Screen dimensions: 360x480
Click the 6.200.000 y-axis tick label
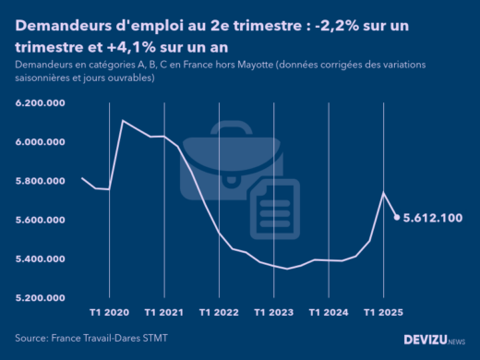[x=39, y=103]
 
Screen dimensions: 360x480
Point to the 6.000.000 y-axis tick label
[x=39, y=142]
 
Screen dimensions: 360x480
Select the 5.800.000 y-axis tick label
[x=39, y=181]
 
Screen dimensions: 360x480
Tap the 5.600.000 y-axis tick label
[x=39, y=220]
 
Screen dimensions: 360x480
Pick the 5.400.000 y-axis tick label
[x=39, y=258]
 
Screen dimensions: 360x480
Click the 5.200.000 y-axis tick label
[x=39, y=298]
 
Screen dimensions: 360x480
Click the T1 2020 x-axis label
[x=110, y=312]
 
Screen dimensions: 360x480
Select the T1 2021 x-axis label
[x=164, y=312]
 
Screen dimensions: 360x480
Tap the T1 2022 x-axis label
[x=219, y=312]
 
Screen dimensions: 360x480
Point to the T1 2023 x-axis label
[x=273, y=312]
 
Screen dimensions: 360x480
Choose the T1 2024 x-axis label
[x=328, y=312]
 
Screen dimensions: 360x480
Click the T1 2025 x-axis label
[x=382, y=312]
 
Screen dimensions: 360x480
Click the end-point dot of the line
[x=397, y=218]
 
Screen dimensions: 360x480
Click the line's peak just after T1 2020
[x=123, y=121]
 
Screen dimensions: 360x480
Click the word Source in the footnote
[x=32, y=339]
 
